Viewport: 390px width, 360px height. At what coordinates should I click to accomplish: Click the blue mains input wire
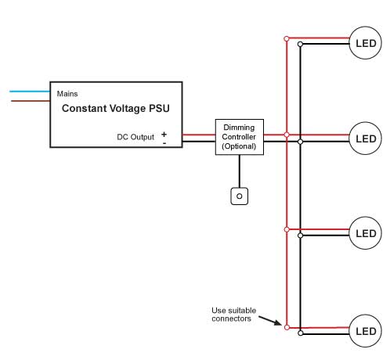(30, 92)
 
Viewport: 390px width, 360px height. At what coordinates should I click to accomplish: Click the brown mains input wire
(31, 101)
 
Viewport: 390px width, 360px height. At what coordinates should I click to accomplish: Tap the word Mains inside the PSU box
(67, 94)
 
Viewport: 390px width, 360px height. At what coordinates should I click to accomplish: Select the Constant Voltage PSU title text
(116, 108)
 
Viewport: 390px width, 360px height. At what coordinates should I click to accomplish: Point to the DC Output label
(135, 137)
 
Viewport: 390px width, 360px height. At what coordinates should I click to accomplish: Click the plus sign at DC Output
(164, 135)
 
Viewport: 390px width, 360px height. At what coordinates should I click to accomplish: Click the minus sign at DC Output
(164, 143)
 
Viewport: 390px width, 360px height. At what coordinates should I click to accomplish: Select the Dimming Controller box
(240, 137)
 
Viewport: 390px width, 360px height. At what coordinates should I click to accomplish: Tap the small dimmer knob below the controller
(240, 196)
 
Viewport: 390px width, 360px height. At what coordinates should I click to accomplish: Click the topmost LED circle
(365, 43)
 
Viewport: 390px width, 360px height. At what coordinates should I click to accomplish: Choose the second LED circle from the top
(365, 139)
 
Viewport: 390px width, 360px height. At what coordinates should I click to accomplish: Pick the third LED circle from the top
(365, 233)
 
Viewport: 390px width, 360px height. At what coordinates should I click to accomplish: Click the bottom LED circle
(365, 331)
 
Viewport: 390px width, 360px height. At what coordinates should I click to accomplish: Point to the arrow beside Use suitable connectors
(270, 321)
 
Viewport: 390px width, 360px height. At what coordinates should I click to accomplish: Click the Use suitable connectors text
(233, 315)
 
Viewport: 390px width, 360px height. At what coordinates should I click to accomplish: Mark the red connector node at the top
(287, 39)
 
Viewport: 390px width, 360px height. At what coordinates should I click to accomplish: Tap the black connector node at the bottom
(301, 333)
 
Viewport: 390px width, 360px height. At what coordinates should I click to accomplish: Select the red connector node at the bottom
(287, 327)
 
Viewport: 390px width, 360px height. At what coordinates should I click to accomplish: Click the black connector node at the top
(300, 45)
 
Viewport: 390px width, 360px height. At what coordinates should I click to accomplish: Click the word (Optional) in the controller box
(239, 146)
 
